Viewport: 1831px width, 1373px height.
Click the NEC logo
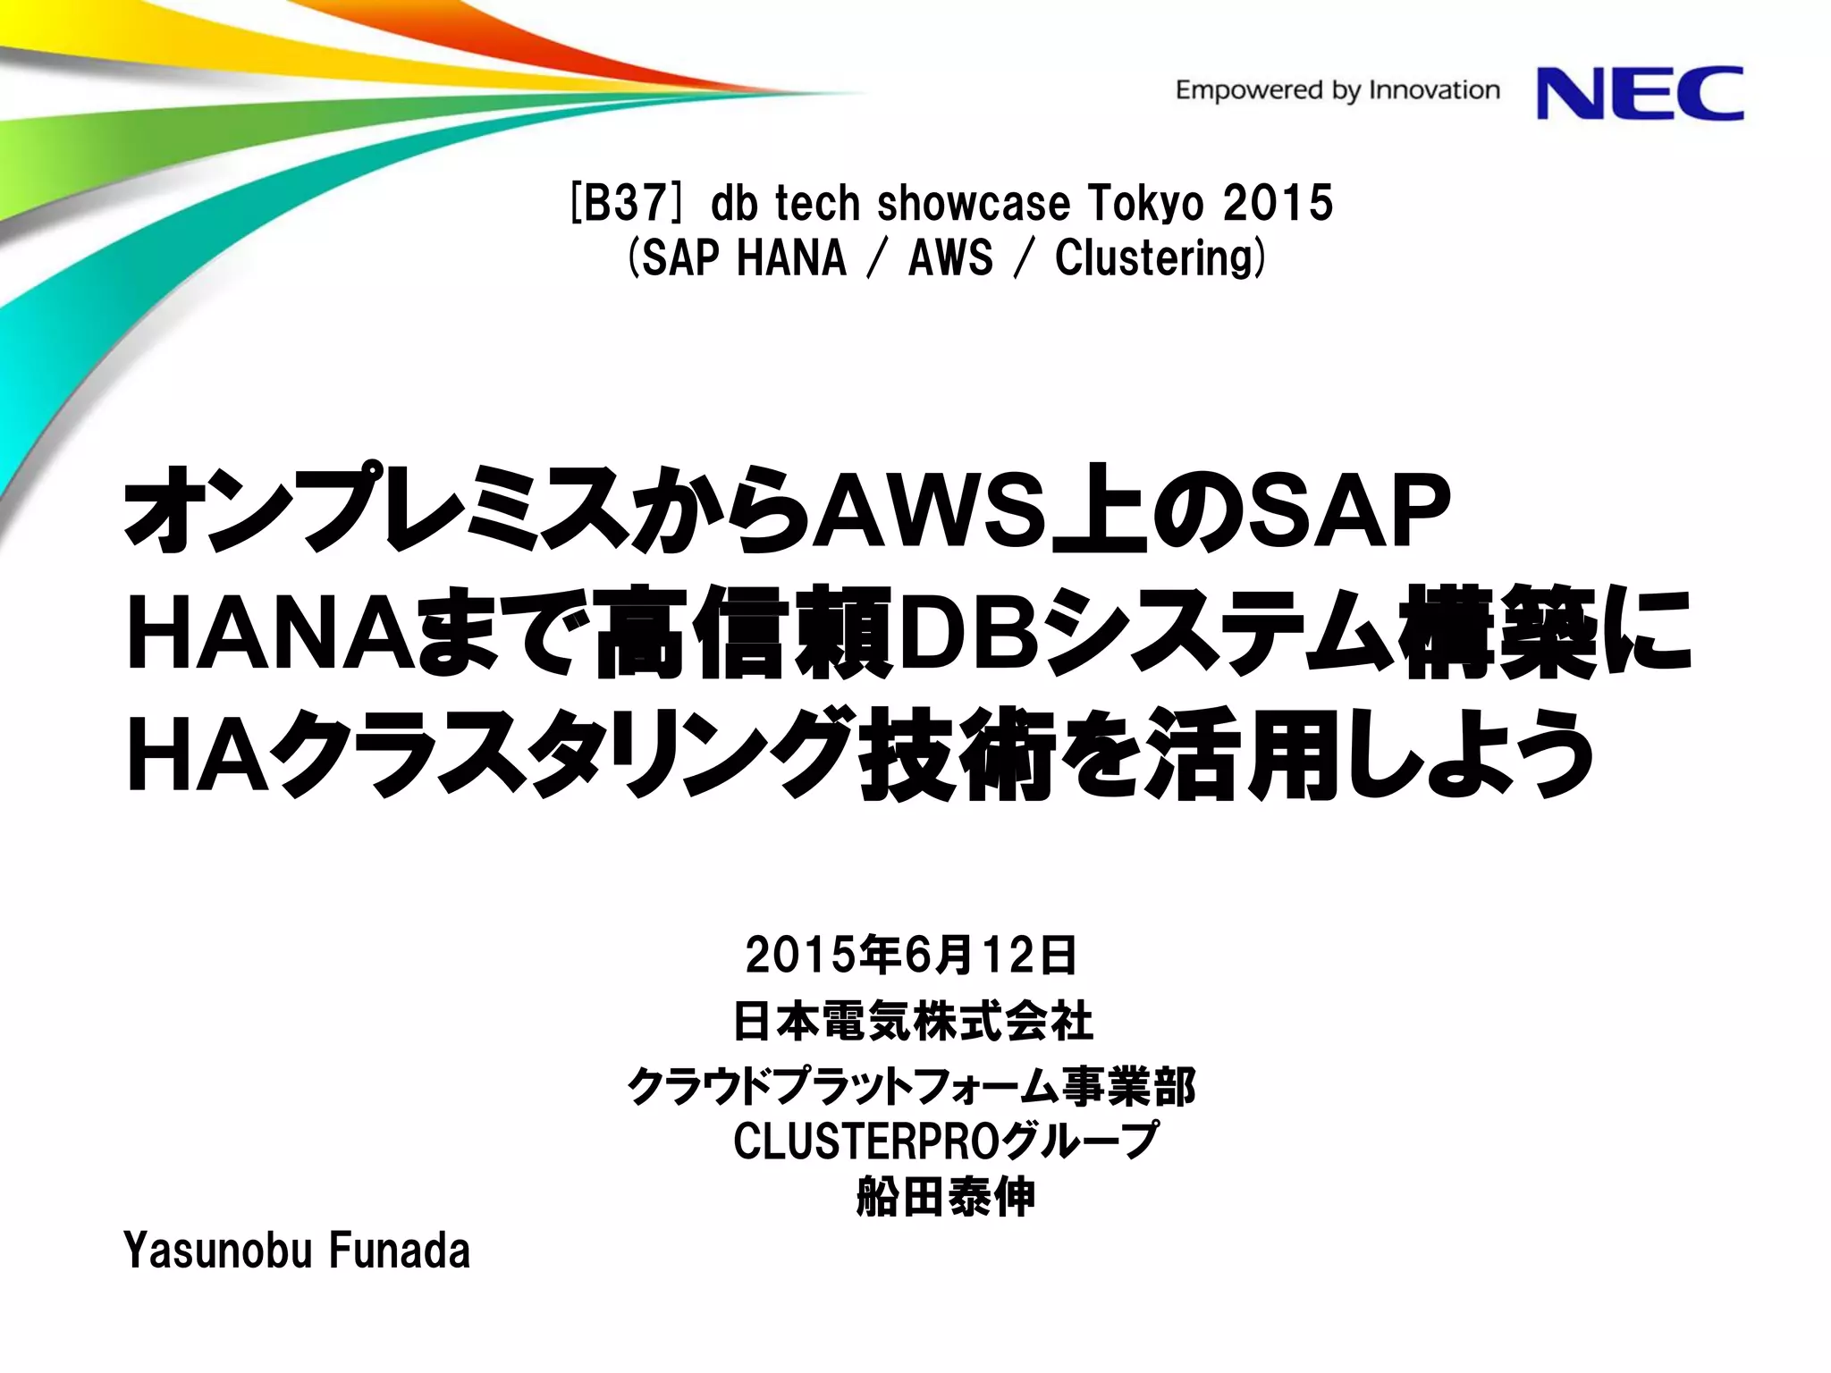(x=1640, y=93)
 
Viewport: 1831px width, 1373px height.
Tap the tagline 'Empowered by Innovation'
(x=1337, y=90)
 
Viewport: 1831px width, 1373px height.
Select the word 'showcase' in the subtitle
(x=974, y=203)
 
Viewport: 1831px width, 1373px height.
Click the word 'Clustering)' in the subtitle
(x=1160, y=258)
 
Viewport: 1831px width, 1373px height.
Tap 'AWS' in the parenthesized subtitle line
(x=950, y=258)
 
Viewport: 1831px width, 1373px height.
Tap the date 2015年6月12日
(x=911, y=955)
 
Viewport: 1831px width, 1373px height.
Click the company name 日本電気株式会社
(x=913, y=1021)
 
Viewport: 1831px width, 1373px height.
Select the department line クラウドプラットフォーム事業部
(x=911, y=1087)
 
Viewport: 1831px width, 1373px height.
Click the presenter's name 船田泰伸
(x=945, y=1197)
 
